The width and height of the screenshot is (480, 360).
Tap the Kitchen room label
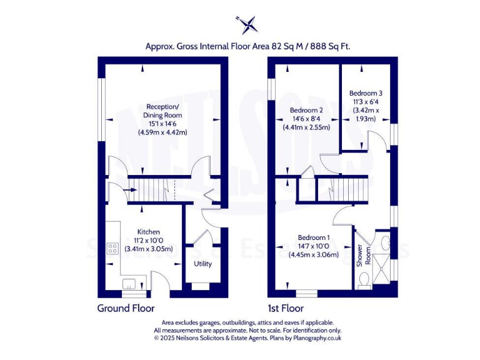(149, 232)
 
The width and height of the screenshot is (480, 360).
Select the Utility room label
(203, 264)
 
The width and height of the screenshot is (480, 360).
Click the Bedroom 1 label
(314, 237)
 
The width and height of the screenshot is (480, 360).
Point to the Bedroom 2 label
(306, 110)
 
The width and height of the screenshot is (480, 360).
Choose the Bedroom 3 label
(366, 92)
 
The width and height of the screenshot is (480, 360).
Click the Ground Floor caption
(126, 308)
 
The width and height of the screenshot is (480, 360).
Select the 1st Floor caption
(286, 308)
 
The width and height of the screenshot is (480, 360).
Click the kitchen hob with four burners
(113, 249)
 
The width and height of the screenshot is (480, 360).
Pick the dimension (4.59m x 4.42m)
(162, 132)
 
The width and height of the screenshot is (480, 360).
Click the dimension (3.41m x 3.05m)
(149, 249)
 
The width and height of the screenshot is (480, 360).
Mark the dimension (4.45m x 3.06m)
(314, 254)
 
